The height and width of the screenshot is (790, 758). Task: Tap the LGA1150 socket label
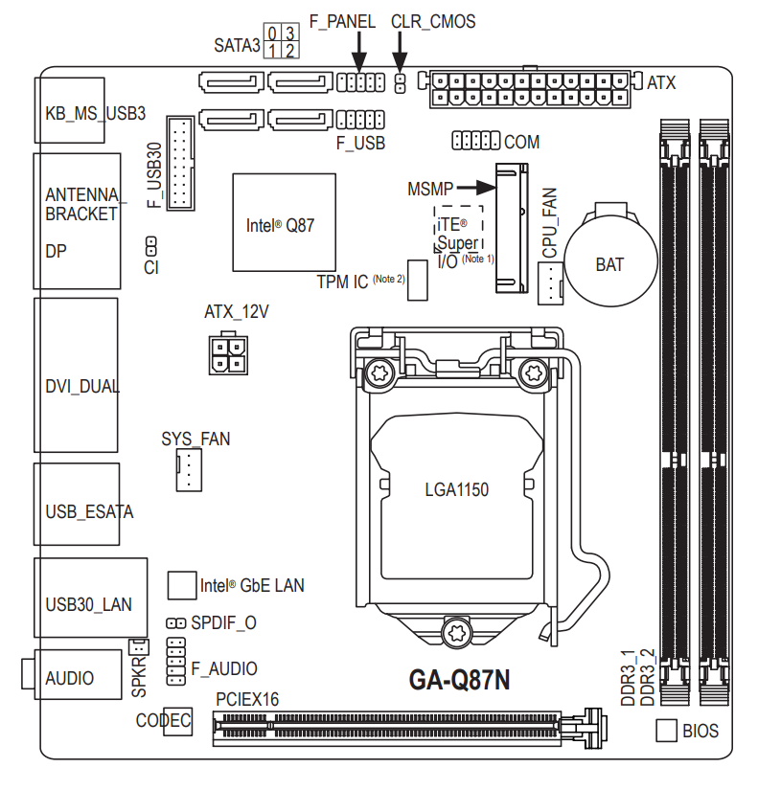tap(457, 490)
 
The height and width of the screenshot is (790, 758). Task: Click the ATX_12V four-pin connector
tap(225, 356)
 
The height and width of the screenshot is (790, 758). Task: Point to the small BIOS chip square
tap(667, 731)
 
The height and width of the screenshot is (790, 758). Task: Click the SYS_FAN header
tap(189, 471)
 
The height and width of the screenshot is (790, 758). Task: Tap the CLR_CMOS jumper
tap(400, 83)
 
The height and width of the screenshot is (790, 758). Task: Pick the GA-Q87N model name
tap(460, 680)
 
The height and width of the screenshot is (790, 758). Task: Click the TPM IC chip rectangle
tap(417, 281)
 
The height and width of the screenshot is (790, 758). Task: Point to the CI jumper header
tap(151, 245)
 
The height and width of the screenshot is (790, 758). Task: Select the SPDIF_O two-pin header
tap(175, 622)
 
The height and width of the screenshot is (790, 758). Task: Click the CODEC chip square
tap(177, 722)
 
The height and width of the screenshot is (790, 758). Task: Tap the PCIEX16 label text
tap(247, 700)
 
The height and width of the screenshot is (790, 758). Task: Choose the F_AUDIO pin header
tap(175, 666)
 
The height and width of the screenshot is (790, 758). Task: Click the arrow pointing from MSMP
tap(475, 189)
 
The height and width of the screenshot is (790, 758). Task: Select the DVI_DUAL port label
tap(82, 387)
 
